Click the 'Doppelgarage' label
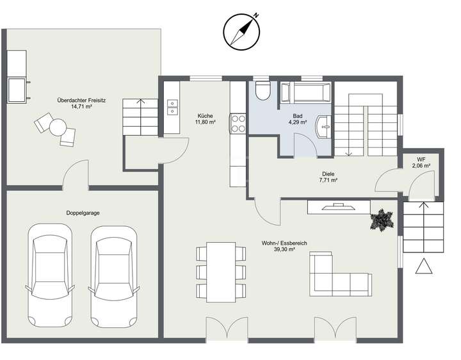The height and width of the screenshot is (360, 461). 82,212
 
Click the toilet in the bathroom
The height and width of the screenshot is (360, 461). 262,92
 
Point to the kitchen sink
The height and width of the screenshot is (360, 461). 172,107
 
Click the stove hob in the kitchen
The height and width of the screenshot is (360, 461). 238,122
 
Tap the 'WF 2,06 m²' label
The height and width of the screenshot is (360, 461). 421,162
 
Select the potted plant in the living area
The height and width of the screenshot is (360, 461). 382,220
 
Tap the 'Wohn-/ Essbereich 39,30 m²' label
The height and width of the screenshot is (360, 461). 278,247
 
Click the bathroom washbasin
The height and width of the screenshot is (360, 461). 326,126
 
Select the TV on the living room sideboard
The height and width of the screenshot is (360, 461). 337,206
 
